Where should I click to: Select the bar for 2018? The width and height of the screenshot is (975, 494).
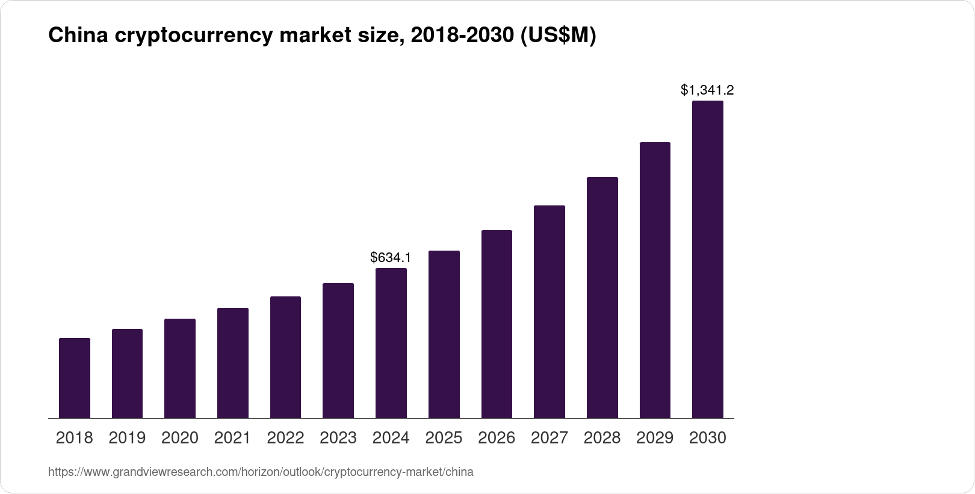pyautogui.click(x=75, y=378)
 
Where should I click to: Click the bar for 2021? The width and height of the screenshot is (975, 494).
pyautogui.click(x=232, y=363)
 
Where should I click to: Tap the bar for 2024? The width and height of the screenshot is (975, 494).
pyautogui.click(x=391, y=343)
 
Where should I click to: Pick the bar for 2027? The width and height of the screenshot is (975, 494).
pyautogui.click(x=549, y=311)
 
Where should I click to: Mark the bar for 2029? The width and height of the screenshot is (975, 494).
pyautogui.click(x=655, y=280)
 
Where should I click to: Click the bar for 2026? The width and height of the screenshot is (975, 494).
pyautogui.click(x=497, y=324)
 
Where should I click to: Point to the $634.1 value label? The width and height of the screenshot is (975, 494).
pyautogui.click(x=391, y=258)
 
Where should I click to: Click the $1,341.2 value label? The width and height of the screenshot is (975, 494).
pyautogui.click(x=707, y=90)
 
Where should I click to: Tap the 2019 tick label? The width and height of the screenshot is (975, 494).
pyautogui.click(x=127, y=438)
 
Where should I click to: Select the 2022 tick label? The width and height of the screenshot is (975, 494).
pyautogui.click(x=285, y=438)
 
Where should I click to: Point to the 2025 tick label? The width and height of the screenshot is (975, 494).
pyautogui.click(x=444, y=438)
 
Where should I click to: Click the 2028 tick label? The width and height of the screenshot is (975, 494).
pyautogui.click(x=602, y=438)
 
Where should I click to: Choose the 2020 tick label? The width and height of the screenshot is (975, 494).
pyautogui.click(x=180, y=438)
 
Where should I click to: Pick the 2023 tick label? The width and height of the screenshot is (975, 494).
pyautogui.click(x=338, y=438)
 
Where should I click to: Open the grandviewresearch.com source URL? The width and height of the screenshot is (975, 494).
pyautogui.click(x=261, y=472)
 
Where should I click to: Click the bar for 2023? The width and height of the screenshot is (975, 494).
pyautogui.click(x=338, y=351)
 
